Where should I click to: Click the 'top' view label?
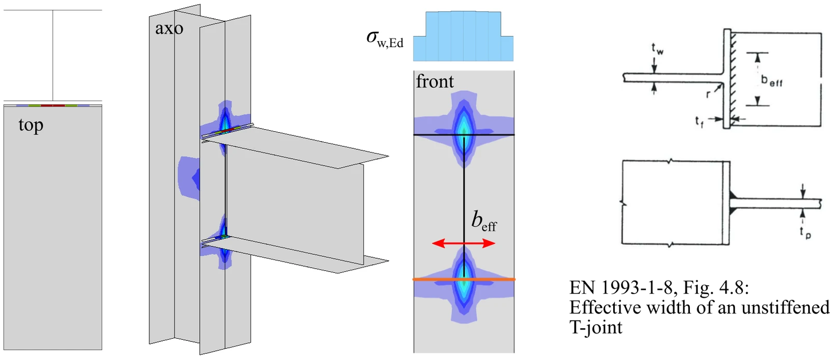[x=31, y=126]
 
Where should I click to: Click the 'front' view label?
[x=435, y=81]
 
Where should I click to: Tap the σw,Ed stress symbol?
[x=384, y=39]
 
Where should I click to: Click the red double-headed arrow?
[x=464, y=243]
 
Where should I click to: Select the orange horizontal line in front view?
[x=464, y=279]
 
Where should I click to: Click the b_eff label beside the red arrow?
[x=484, y=221]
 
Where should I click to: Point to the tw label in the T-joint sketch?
[x=657, y=49]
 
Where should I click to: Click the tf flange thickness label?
[x=699, y=121]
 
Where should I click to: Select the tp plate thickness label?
[x=805, y=232]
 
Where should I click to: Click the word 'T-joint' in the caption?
[x=596, y=327]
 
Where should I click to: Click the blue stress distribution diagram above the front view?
[x=463, y=36]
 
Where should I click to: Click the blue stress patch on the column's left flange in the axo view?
[x=189, y=178]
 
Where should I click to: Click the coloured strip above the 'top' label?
[x=52, y=105]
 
